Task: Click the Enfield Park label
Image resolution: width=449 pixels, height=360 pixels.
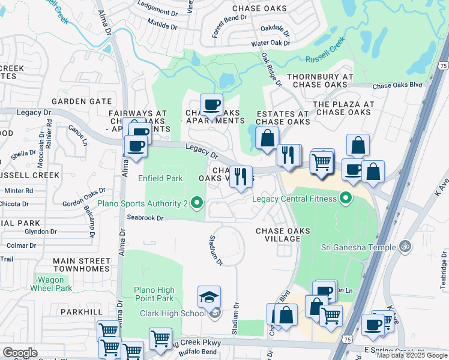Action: (x=160, y=178)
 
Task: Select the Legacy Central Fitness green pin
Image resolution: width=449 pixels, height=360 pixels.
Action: (x=345, y=198)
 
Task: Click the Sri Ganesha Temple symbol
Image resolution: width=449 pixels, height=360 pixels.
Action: (x=405, y=247)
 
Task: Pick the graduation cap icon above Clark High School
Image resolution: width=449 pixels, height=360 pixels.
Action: (x=209, y=297)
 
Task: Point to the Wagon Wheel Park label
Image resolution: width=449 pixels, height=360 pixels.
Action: (x=55, y=284)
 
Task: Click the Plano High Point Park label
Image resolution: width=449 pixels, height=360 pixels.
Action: (x=153, y=293)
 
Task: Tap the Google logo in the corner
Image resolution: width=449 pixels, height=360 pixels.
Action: (x=19, y=353)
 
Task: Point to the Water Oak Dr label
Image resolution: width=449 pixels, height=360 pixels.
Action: (x=270, y=43)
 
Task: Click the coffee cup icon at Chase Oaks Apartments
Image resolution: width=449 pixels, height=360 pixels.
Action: (x=211, y=105)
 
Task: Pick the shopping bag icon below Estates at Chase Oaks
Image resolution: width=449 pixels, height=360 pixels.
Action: (x=267, y=137)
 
